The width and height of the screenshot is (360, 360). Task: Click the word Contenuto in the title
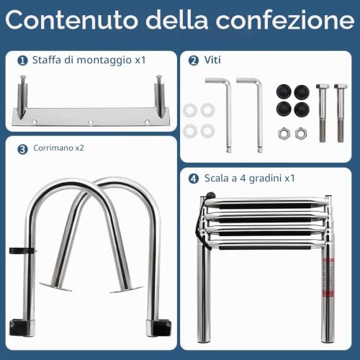[71, 19]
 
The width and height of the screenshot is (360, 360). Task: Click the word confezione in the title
[285, 19]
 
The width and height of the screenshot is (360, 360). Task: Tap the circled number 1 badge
[22, 60]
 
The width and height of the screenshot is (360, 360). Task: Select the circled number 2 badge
[194, 60]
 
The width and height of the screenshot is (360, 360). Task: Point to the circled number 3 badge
[22, 149]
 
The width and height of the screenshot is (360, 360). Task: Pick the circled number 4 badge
[194, 179]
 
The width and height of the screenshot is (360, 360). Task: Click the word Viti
[212, 60]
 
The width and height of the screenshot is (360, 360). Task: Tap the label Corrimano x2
[59, 148]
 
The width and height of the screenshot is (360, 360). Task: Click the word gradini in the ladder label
[265, 179]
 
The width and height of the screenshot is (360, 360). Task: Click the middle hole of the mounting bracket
[91, 123]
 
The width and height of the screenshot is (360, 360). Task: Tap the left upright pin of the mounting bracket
[22, 96]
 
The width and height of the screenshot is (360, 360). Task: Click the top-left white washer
[190, 110]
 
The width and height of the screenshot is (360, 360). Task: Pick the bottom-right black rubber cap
[302, 109]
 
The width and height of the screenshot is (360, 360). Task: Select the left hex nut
[284, 134]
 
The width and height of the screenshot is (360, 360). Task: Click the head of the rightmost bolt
[341, 86]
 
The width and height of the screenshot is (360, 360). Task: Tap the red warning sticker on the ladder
[328, 277]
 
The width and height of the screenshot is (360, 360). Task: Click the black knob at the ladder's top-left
[210, 195]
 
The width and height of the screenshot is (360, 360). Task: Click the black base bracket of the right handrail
[162, 327]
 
